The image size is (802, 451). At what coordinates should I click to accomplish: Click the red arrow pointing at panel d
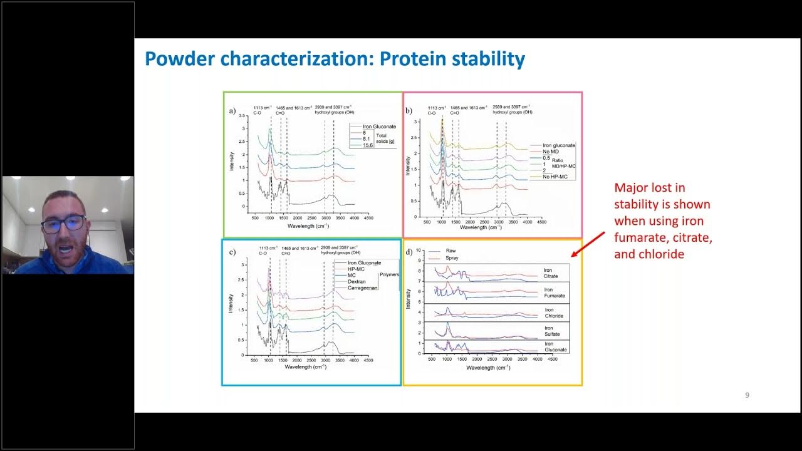click(589, 244)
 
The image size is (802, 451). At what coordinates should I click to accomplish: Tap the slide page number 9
click(747, 395)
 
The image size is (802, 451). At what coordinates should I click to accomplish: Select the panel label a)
click(232, 111)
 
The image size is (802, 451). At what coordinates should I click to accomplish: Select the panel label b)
click(409, 111)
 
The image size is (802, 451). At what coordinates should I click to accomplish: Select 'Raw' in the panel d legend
click(450, 251)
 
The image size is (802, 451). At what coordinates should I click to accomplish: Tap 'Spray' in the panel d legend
click(452, 257)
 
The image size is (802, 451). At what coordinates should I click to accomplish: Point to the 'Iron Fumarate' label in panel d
click(554, 293)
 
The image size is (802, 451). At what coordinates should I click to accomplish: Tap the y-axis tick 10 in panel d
click(419, 250)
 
